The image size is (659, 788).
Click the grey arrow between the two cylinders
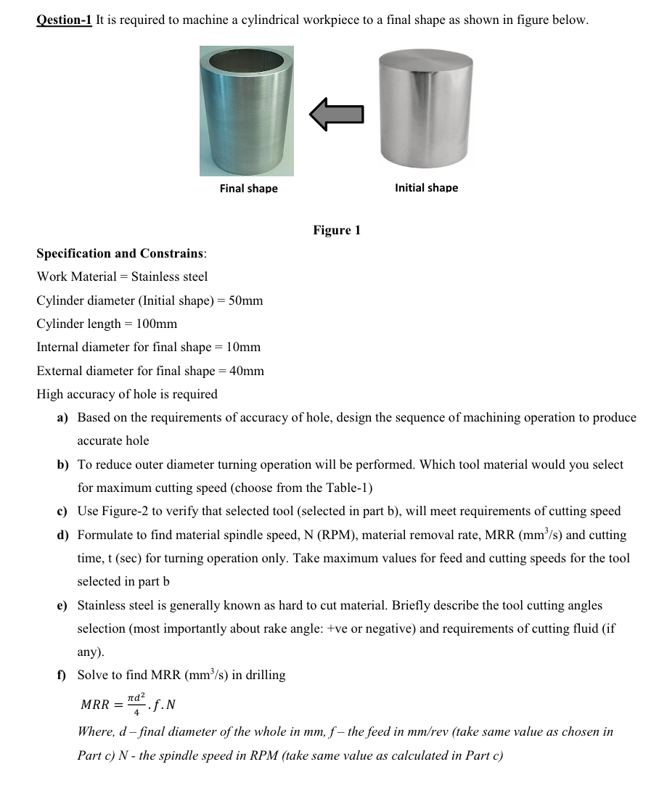(336, 114)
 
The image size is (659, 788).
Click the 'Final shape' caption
(248, 189)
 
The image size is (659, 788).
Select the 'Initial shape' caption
(426, 188)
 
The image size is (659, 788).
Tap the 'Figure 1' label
(337, 231)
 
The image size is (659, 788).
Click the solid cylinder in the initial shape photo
(426, 110)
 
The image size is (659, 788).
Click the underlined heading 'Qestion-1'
(65, 20)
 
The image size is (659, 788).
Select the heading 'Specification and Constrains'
(121, 253)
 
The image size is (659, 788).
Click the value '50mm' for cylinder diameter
(245, 300)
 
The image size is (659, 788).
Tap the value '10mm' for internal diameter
(243, 348)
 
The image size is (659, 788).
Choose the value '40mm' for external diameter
(247, 371)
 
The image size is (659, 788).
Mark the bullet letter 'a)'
(63, 418)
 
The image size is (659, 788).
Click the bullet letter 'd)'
(63, 535)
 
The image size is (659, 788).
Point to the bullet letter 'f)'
(63, 676)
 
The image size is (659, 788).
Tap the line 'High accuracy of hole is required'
(127, 395)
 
